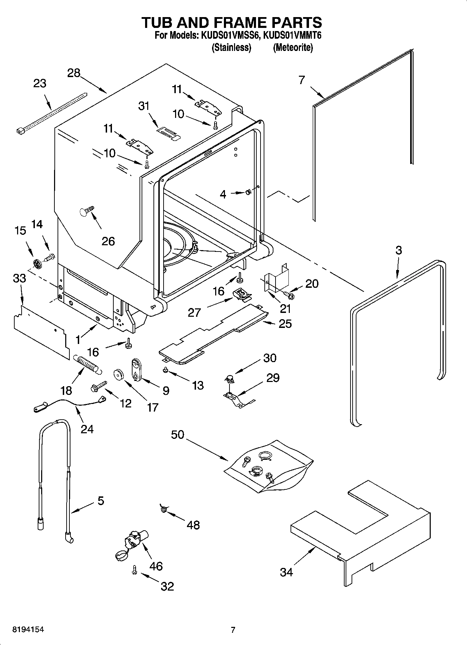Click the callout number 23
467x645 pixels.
40,84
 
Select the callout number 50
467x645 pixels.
178,435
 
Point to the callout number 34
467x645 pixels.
286,572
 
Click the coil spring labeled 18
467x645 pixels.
88,364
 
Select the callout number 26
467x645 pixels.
108,241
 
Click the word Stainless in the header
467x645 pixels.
232,48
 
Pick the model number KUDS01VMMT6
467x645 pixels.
292,35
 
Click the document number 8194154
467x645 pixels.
28,630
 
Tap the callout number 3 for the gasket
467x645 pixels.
399,250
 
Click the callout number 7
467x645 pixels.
302,80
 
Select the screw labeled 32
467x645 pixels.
134,570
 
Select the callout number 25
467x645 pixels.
285,324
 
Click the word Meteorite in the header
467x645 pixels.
293,48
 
